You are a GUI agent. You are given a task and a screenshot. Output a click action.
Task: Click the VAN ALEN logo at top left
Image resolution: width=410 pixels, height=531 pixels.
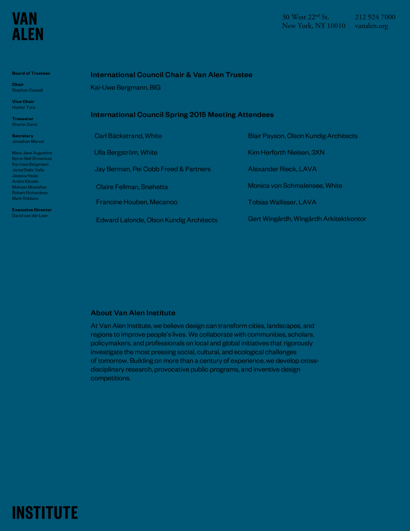click(x=28, y=27)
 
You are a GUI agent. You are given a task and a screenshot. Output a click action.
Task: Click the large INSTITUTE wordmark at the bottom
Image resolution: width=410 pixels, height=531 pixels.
click(x=45, y=513)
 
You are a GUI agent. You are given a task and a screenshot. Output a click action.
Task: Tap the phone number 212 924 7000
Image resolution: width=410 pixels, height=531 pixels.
click(x=375, y=17)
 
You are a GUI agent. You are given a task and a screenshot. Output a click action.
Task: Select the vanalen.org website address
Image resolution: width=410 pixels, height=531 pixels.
click(x=371, y=26)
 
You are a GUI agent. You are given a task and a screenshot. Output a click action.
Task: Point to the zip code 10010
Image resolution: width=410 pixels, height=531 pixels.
click(x=336, y=26)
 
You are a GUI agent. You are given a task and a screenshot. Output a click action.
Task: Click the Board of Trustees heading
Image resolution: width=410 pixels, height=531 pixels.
click(x=31, y=73)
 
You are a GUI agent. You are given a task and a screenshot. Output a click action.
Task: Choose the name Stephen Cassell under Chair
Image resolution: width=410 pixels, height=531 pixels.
click(x=27, y=90)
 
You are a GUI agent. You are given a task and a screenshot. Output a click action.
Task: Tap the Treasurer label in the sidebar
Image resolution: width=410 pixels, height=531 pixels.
click(x=23, y=119)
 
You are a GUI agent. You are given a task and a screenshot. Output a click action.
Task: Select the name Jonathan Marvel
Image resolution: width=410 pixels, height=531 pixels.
click(x=28, y=142)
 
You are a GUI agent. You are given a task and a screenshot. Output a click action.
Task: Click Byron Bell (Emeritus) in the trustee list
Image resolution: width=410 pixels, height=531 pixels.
click(x=32, y=158)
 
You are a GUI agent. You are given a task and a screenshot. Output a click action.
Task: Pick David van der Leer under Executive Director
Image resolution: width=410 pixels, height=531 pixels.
click(x=30, y=215)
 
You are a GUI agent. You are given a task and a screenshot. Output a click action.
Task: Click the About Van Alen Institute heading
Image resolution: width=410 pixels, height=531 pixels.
click(x=133, y=313)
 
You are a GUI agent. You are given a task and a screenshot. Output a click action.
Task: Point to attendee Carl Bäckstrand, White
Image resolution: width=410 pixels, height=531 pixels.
click(x=128, y=136)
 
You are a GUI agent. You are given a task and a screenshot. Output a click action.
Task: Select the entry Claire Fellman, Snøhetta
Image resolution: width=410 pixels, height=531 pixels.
click(x=132, y=187)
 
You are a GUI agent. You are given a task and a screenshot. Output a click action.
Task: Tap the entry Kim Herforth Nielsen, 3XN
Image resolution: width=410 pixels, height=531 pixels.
click(x=286, y=152)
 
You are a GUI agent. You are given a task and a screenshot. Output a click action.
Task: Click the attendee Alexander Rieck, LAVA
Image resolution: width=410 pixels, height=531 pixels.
click(x=282, y=169)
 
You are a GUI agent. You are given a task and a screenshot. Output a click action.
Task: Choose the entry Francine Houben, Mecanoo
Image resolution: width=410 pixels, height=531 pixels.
click(x=136, y=202)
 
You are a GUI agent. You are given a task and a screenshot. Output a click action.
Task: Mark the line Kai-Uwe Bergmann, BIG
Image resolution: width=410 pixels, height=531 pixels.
click(x=125, y=87)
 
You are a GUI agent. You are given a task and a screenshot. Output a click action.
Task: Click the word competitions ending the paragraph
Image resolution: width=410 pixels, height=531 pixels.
click(x=110, y=378)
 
